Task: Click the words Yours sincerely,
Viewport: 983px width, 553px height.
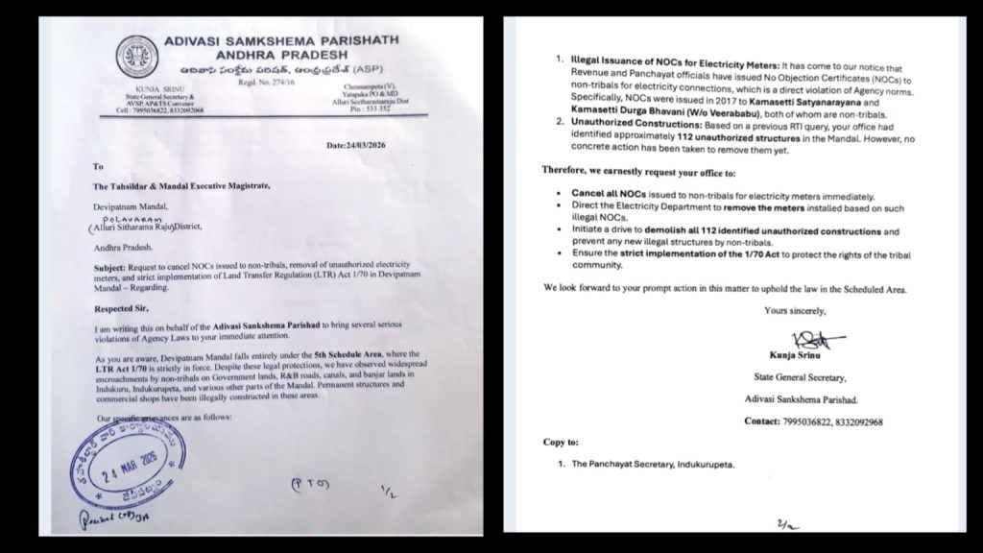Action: (794, 311)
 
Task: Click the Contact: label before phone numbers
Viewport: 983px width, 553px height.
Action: (767, 421)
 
